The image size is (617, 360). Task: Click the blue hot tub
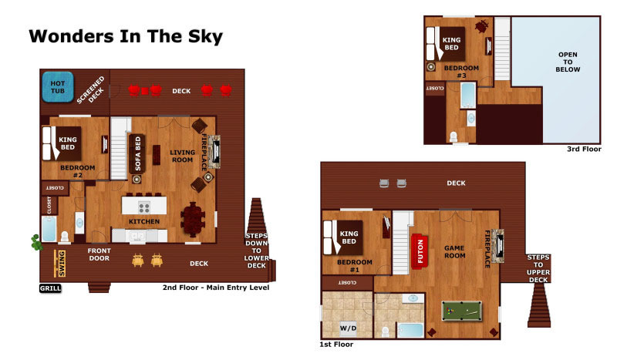(57, 87)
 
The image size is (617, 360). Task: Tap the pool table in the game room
(461, 311)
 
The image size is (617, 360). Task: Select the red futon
(420, 251)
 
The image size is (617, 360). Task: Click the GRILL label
(50, 288)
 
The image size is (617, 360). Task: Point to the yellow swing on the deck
(60, 263)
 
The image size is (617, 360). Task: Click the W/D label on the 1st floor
(349, 328)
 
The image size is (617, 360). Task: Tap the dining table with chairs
(193, 219)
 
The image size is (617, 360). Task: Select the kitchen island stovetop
(144, 207)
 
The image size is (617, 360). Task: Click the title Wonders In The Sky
(126, 36)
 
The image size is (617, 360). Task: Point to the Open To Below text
(568, 62)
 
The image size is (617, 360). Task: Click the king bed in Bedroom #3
(446, 44)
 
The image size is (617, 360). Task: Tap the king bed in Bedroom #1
(343, 237)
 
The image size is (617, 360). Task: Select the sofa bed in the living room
(137, 154)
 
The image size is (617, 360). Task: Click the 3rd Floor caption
(584, 149)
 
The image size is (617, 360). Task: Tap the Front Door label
(99, 254)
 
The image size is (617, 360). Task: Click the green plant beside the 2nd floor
(36, 242)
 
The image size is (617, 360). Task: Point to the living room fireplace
(214, 151)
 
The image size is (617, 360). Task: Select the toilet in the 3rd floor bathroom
(453, 136)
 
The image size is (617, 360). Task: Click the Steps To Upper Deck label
(538, 268)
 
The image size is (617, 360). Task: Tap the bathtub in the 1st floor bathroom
(410, 330)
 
